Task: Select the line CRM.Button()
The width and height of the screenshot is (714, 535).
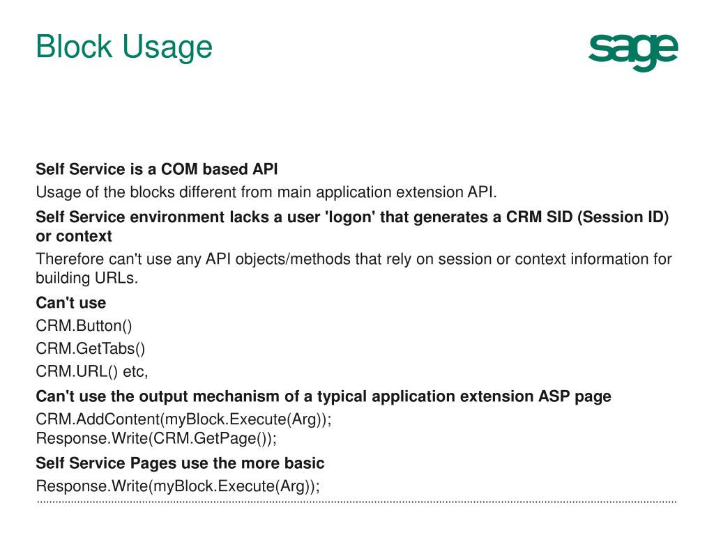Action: point(84,325)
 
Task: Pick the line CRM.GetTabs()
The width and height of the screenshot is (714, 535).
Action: point(91,348)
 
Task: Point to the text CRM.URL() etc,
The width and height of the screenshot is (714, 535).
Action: point(92,371)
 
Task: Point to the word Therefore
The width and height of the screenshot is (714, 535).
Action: point(70,259)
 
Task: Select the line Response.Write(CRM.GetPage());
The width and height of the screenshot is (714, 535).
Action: point(156,439)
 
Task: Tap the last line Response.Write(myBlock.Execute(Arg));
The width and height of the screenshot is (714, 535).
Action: point(178,486)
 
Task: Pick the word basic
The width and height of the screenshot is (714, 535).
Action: point(305,463)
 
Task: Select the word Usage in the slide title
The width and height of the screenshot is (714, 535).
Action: point(167,47)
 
